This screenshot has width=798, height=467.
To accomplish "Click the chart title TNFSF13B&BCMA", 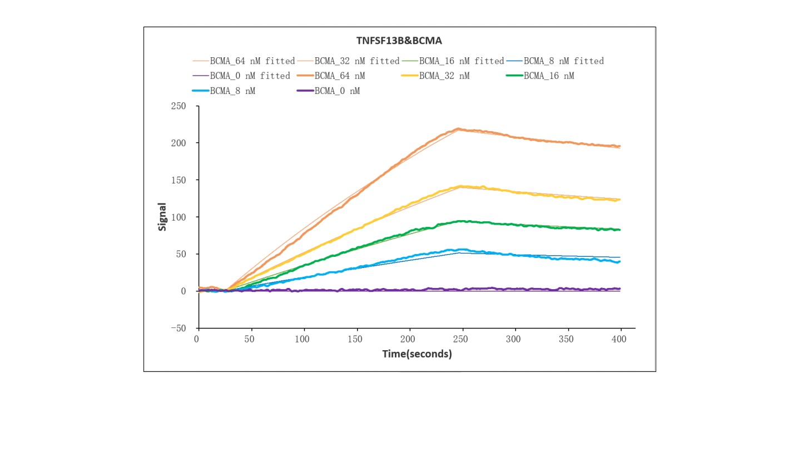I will point(399,41).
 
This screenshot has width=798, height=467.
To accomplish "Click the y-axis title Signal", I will point(162,217).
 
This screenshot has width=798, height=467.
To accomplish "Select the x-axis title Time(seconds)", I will point(417,354).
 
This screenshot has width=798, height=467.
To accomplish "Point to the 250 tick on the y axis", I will point(179,106).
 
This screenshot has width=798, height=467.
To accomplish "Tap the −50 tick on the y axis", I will point(178,329).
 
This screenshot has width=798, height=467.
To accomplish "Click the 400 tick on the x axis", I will point(620,339).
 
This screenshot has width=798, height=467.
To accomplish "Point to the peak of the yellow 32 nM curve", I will point(460,186).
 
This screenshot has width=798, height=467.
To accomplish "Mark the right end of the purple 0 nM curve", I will point(619,289).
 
